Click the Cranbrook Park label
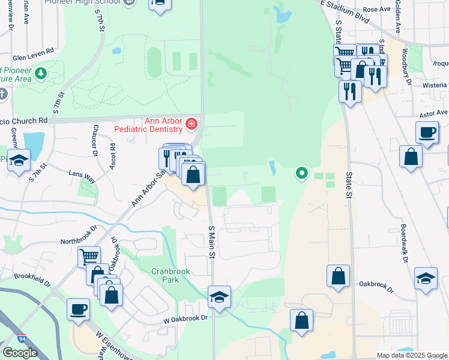click(x=170, y=275)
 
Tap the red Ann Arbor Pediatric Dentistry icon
click(x=191, y=124)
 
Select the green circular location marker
click(x=301, y=174)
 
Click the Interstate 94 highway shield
click(x=22, y=339)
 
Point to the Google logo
click(x=20, y=353)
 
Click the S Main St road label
click(x=211, y=242)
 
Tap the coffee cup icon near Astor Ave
click(x=427, y=132)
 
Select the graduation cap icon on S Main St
click(x=219, y=296)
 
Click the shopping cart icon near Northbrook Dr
click(x=89, y=256)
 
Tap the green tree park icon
click(x=41, y=74)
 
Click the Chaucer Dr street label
click(x=95, y=140)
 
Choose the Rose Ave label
click(x=376, y=10)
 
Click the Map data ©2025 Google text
click(x=411, y=355)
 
